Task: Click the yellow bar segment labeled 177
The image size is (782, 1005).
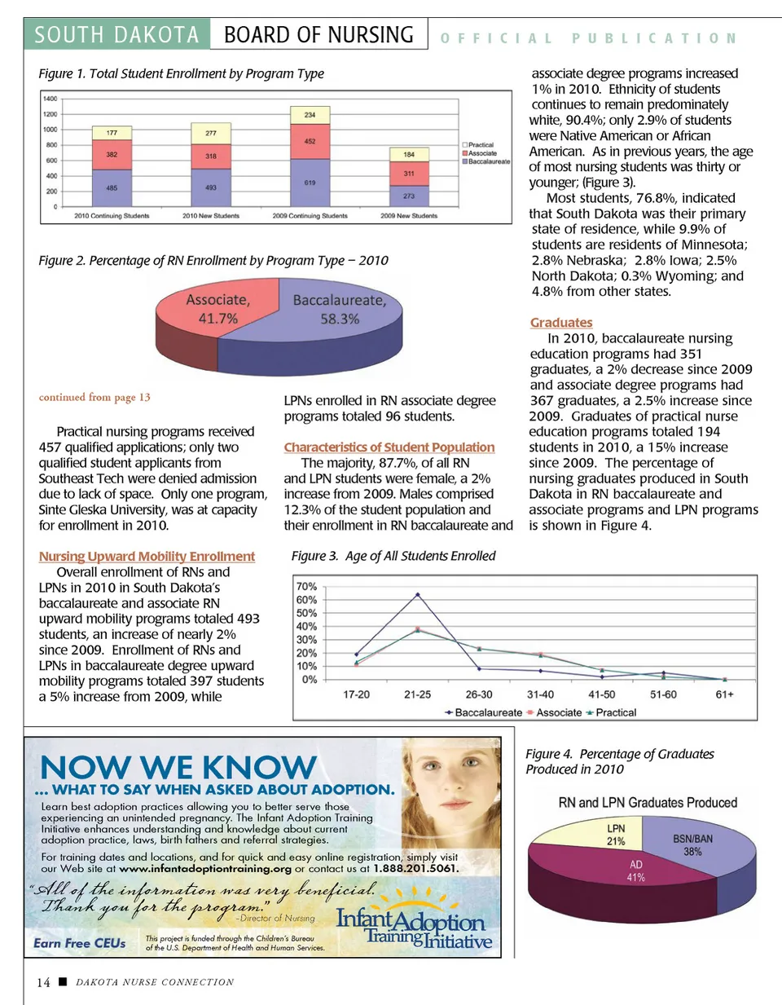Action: click(x=112, y=132)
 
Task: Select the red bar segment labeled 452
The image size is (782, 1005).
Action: click(x=310, y=141)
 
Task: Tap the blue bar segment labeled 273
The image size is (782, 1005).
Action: click(x=409, y=196)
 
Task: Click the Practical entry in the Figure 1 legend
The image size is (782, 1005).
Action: click(x=481, y=145)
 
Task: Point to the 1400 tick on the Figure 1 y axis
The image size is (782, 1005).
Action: click(x=51, y=99)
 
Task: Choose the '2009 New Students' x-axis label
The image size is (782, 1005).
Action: click(x=409, y=216)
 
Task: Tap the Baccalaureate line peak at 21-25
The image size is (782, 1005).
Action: click(x=418, y=595)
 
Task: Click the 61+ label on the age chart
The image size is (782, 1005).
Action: click(x=724, y=694)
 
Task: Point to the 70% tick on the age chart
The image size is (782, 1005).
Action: click(x=306, y=586)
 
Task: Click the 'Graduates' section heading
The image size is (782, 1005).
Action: click(x=561, y=323)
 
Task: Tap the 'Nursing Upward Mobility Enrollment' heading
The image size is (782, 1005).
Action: click(x=147, y=556)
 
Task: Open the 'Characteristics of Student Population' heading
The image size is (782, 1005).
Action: click(x=389, y=447)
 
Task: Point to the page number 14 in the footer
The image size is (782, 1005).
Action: click(x=43, y=982)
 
